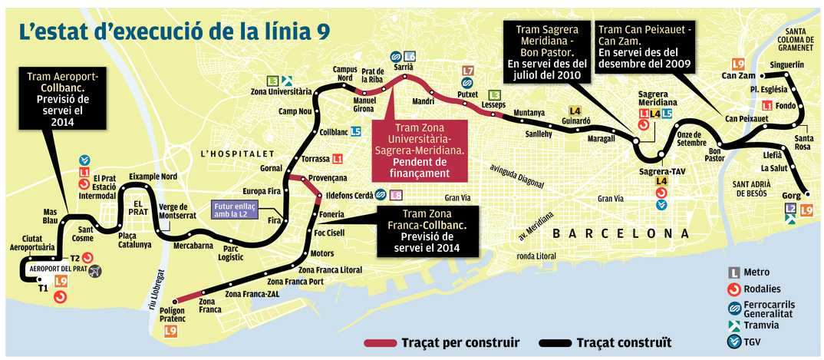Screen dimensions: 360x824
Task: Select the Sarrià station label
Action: tap(403, 68)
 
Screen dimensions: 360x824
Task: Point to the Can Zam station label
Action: tap(739, 76)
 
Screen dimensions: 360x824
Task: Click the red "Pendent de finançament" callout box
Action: tap(420, 150)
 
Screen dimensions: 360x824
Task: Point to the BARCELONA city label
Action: tap(619, 233)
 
